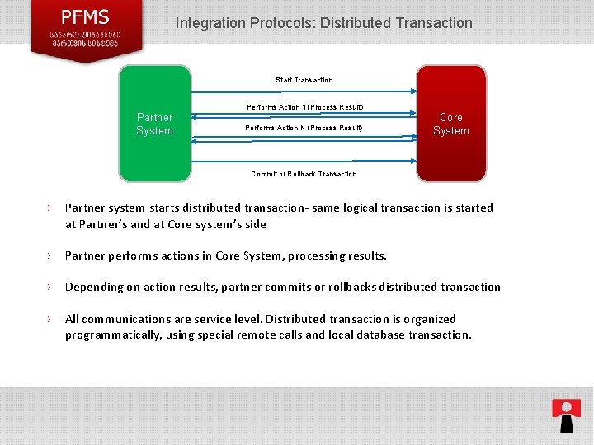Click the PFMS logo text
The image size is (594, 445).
tap(86, 16)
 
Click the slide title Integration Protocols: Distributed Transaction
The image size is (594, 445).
tap(323, 23)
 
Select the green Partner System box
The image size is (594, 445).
tap(154, 124)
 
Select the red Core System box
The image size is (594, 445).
tap(450, 124)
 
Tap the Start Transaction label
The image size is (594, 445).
tap(304, 80)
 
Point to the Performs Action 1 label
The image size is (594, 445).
tap(304, 108)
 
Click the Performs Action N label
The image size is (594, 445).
tap(304, 128)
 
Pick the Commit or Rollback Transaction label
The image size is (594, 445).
tap(304, 174)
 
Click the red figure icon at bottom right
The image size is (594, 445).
tap(566, 415)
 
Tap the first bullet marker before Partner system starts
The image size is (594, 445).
tap(49, 208)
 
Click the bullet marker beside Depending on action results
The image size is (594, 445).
tap(49, 288)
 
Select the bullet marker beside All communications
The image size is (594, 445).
tap(49, 319)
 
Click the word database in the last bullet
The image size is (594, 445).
tap(375, 335)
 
